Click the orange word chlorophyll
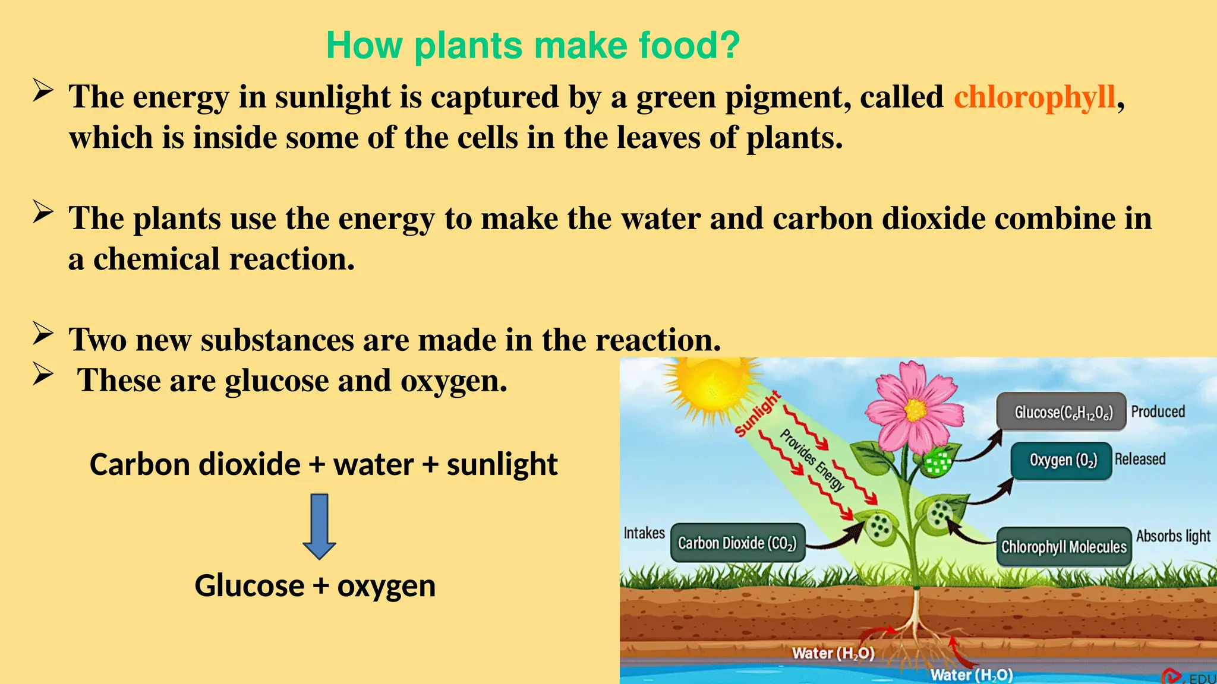(1035, 97)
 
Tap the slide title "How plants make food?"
(533, 45)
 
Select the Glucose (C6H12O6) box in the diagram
(1061, 411)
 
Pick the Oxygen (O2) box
(1061, 460)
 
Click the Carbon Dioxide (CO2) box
(737, 543)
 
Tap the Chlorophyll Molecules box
(1064, 546)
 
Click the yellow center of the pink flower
(915, 410)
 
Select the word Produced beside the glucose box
(1158, 411)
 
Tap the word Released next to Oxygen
(1140, 459)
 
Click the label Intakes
(644, 533)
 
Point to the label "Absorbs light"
(1173, 536)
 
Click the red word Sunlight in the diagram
(758, 414)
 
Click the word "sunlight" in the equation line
(502, 464)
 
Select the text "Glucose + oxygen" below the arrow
(315, 585)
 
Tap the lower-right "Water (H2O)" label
(972, 674)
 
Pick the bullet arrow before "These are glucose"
(43, 373)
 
